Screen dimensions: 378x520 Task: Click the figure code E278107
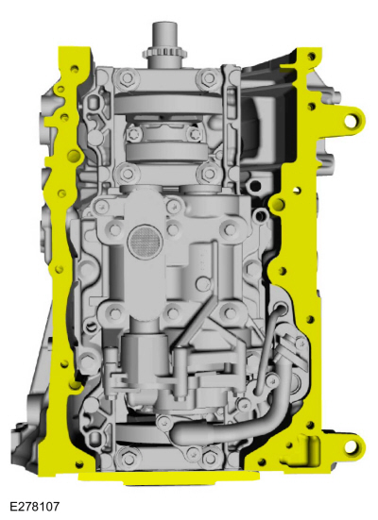[34, 506]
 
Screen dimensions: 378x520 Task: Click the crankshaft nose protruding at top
[164, 36]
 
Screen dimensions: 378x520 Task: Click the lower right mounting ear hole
[351, 447]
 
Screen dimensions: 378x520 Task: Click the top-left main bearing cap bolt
[127, 78]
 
